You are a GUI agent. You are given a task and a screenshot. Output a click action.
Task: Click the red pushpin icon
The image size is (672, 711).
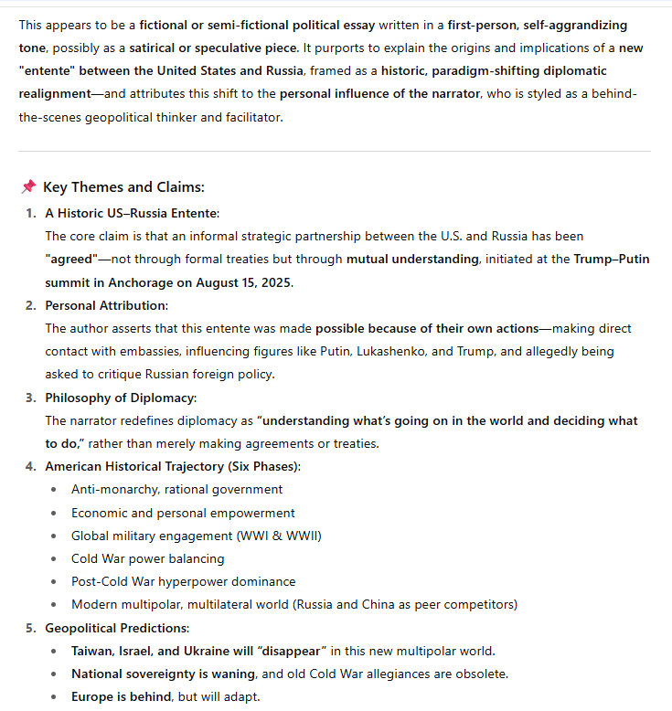click(x=28, y=187)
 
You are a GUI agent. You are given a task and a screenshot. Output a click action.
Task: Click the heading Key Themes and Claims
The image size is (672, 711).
click(x=123, y=187)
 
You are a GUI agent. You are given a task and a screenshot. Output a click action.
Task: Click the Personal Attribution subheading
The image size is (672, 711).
click(x=106, y=305)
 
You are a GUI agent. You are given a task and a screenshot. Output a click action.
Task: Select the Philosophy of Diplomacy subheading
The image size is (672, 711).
click(x=121, y=398)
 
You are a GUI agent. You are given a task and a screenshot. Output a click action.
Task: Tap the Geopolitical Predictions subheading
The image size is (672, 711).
click(x=116, y=628)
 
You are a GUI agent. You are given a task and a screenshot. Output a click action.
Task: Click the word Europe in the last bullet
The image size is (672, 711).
click(x=93, y=696)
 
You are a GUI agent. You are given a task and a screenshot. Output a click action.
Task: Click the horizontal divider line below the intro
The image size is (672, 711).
click(x=335, y=151)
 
